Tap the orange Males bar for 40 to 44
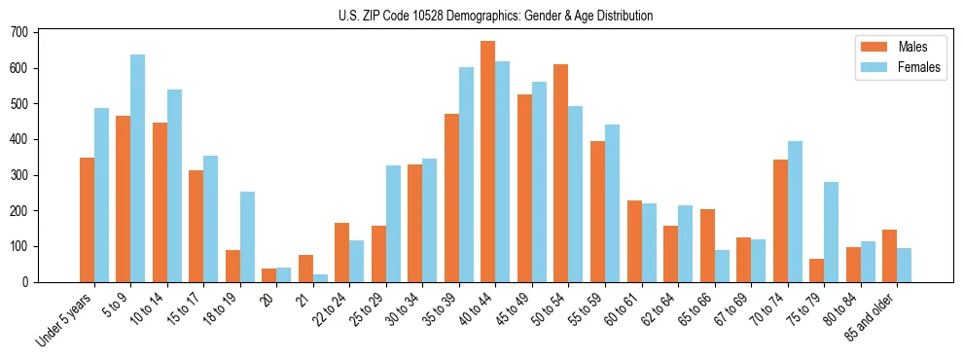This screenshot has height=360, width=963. [487, 162]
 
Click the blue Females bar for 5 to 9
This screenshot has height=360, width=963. [137, 168]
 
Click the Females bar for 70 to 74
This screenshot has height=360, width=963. [795, 211]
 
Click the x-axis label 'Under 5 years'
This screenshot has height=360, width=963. [67, 317]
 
